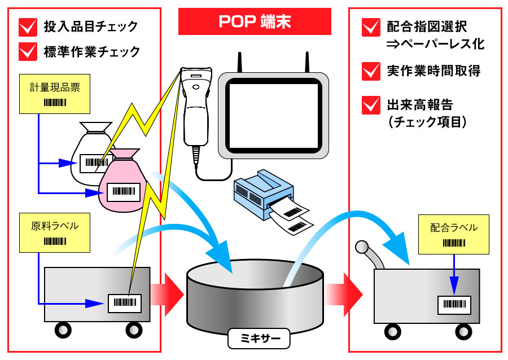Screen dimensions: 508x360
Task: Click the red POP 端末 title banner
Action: click(255, 21)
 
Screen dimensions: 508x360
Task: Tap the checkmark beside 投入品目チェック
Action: click(28, 27)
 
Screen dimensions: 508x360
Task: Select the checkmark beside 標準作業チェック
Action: click(28, 51)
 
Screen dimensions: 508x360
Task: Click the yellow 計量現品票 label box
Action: click(55, 94)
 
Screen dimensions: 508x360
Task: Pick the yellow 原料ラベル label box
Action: click(55, 233)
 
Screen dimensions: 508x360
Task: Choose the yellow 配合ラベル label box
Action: click(454, 234)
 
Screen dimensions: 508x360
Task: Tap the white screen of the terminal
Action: click(274, 116)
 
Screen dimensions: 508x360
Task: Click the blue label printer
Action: click(264, 194)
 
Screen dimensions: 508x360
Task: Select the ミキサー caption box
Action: click(259, 339)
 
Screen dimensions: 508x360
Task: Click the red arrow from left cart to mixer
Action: click(167, 295)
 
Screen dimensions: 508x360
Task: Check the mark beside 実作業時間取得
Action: click(371, 71)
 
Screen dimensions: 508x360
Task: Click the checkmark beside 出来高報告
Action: click(371, 105)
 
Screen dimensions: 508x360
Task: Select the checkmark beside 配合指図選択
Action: click(371, 27)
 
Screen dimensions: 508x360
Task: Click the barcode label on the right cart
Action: click(454, 305)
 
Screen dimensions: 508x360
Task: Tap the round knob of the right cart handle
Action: click(362, 247)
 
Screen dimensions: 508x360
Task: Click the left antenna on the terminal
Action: click(240, 62)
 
